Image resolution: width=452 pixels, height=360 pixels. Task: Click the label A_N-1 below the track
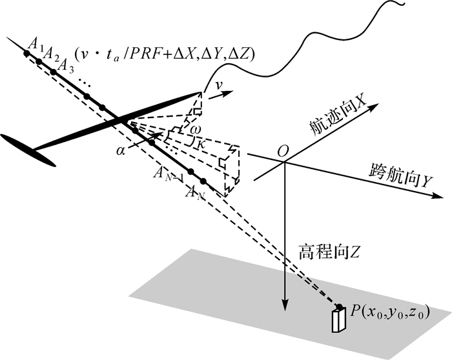(167, 173)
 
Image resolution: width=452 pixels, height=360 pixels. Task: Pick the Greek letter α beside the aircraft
(121, 150)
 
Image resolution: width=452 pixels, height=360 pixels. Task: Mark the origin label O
(282, 150)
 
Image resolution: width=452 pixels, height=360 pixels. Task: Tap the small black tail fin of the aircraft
(28, 150)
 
